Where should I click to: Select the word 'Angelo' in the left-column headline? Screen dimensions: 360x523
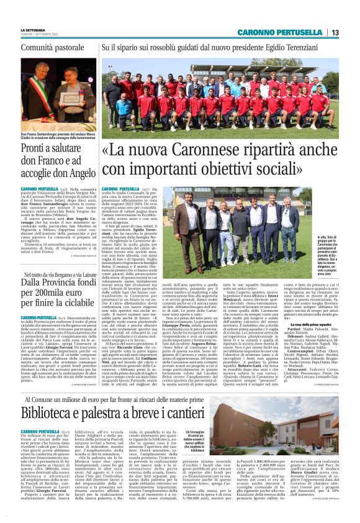click(76, 173)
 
